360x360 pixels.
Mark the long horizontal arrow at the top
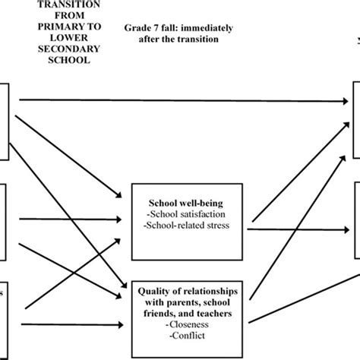182,99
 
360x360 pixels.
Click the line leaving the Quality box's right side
296,302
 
